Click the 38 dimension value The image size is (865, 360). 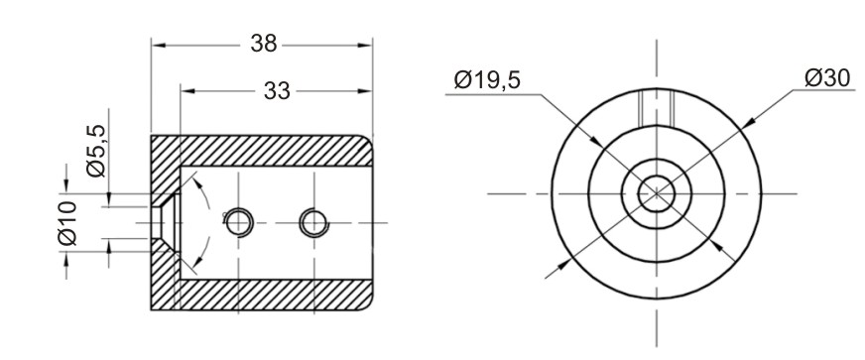[263, 44]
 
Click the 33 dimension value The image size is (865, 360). [277, 91]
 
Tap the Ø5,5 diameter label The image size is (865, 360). [96, 151]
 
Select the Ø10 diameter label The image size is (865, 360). [67, 223]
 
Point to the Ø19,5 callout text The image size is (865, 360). [487, 80]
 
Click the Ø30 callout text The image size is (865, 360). [827, 78]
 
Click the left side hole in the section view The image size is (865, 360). [238, 223]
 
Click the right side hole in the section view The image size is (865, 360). [313, 223]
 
